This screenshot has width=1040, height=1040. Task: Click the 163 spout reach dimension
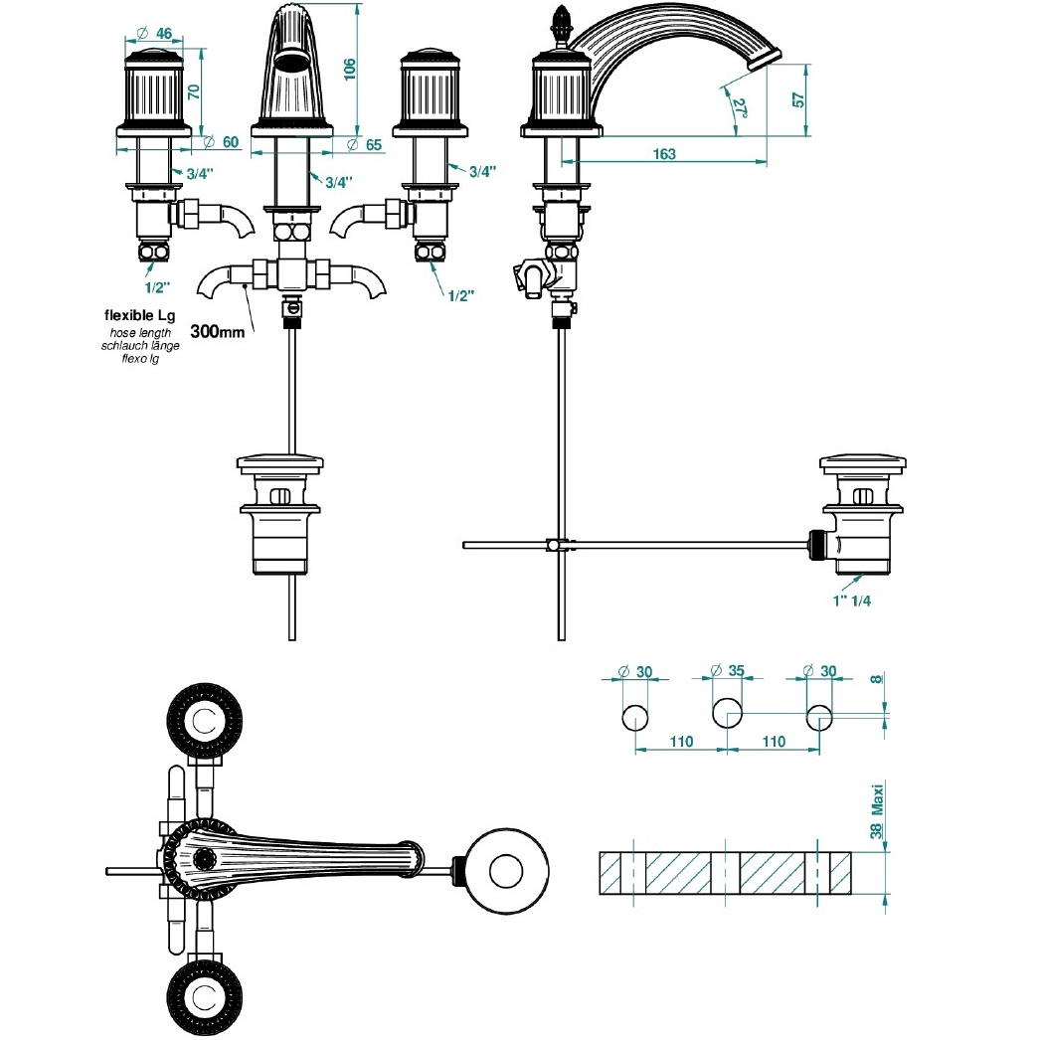(x=665, y=153)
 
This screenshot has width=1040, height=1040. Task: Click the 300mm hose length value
(x=217, y=331)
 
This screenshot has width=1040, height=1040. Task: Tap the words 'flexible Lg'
(x=140, y=315)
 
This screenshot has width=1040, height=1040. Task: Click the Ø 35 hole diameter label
(x=728, y=671)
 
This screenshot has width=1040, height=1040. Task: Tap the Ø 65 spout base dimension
(x=366, y=143)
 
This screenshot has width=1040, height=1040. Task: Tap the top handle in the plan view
(x=205, y=719)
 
